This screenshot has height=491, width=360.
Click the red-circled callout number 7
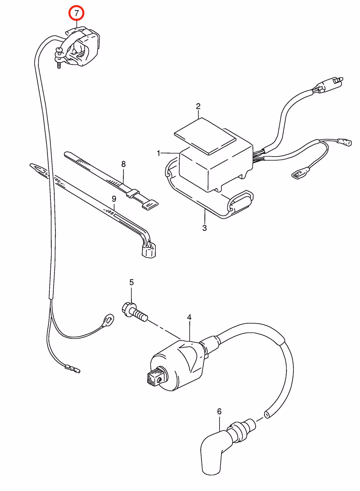click(76, 14)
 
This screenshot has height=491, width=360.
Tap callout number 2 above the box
click(198, 106)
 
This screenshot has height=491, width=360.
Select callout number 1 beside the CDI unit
click(158, 153)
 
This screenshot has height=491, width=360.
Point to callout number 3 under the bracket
click(204, 228)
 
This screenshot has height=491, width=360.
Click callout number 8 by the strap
click(123, 164)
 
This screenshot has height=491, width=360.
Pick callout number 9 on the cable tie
click(114, 198)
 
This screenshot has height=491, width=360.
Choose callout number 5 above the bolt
click(131, 282)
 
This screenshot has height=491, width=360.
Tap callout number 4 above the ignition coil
click(189, 317)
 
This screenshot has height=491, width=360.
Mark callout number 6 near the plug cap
click(219, 411)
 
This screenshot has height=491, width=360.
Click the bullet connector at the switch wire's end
click(72, 369)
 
